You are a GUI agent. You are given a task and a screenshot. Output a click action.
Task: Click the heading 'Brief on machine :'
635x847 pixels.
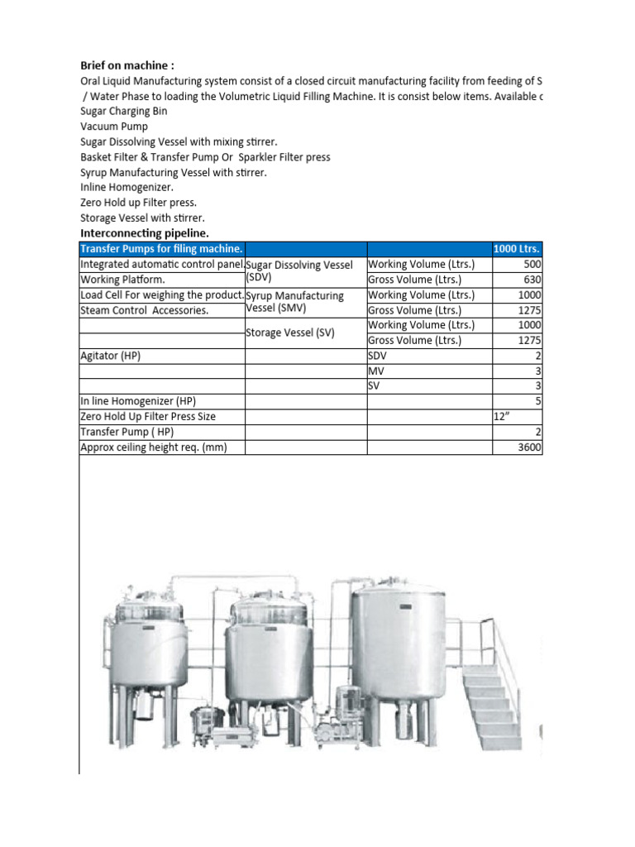coord(127,65)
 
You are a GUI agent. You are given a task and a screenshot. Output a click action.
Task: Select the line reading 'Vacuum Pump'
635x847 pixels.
coord(114,127)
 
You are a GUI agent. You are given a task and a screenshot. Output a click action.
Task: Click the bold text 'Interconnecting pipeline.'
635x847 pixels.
coord(145,234)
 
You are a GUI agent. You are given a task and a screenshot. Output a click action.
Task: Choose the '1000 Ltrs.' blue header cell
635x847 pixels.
coord(517,249)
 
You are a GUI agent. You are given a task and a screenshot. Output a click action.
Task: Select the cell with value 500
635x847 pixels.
coord(529,265)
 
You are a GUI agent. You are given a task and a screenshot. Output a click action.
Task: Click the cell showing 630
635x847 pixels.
coord(529,280)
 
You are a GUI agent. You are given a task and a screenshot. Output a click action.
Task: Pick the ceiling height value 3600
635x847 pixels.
coord(529,447)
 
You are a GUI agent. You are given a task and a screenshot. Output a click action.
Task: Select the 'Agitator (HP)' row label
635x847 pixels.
coord(110,356)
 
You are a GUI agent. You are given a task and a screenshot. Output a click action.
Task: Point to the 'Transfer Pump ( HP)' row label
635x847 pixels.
coord(127,432)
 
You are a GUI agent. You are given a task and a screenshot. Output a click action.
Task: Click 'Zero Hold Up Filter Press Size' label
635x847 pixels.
coord(148,417)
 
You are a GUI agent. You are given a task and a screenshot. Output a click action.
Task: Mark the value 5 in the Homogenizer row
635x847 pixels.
coord(537,401)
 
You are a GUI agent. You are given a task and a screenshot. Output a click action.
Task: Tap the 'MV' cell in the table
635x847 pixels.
coord(376,371)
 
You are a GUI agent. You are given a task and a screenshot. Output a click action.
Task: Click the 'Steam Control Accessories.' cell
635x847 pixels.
coord(145,310)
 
